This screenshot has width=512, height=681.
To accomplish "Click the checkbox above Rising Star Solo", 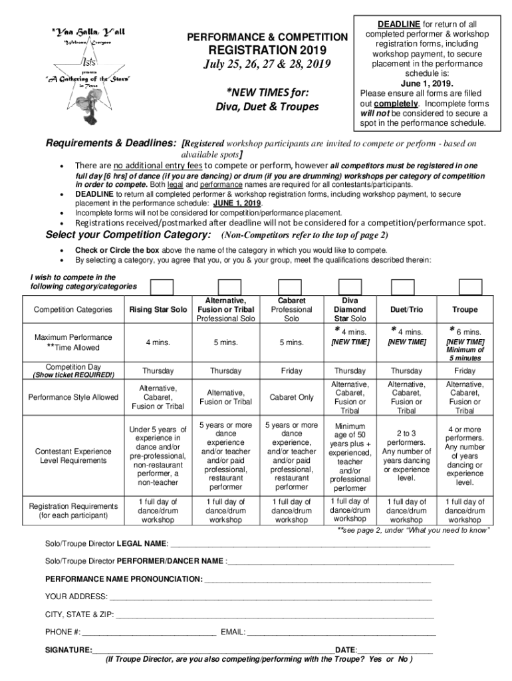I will click(162, 287).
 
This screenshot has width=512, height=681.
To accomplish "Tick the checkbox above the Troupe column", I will click(470, 287).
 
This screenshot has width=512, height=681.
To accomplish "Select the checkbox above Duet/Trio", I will click(403, 287).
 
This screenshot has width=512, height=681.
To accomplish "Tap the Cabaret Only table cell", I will click(291, 397).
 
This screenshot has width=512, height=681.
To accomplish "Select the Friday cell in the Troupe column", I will click(465, 370).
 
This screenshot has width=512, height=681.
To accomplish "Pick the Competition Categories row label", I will click(73, 309).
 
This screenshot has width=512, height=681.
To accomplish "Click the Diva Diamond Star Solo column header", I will click(350, 309).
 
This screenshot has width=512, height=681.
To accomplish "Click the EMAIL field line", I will click(342, 632).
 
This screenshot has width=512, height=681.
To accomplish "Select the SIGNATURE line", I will click(213, 650).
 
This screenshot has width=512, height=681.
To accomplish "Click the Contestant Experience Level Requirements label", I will click(73, 456).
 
